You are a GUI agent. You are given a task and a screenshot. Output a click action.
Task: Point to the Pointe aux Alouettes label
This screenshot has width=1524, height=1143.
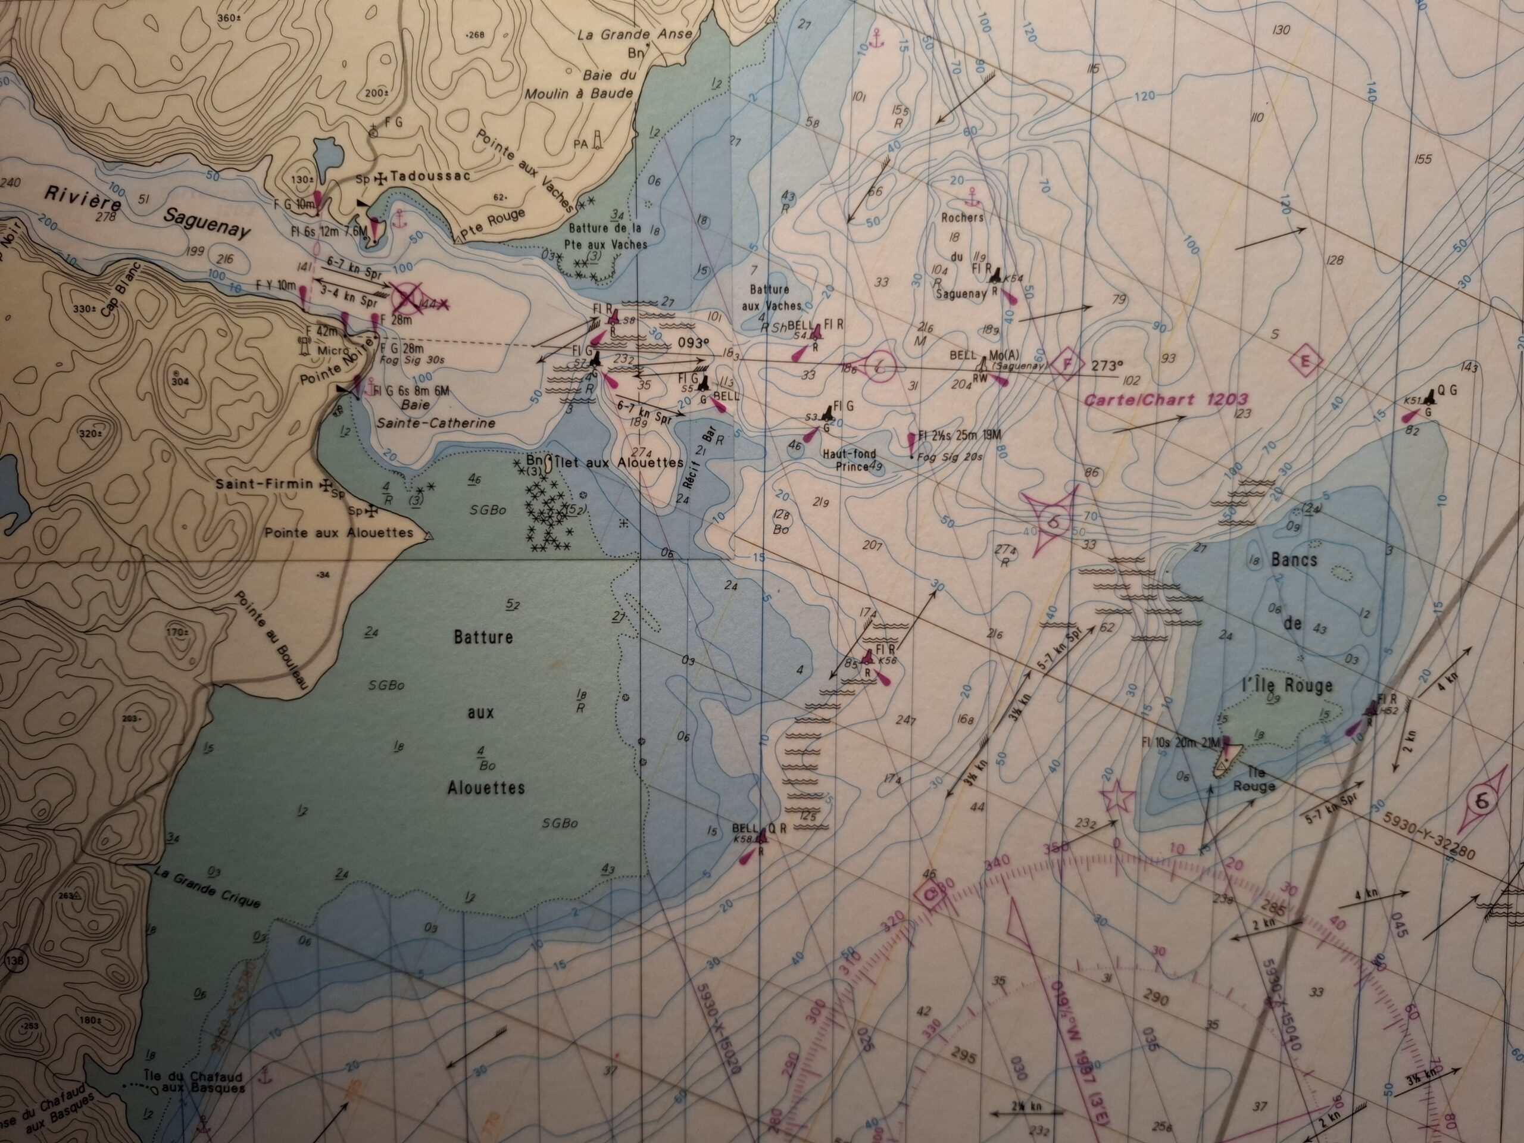coord(339,533)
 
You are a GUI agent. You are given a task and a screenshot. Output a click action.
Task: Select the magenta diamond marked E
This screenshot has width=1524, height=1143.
coord(1306,360)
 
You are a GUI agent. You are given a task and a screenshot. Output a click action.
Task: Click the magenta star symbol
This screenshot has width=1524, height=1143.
coord(1117,797)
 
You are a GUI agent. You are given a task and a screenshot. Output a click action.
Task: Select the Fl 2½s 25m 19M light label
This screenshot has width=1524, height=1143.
coord(955,437)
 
